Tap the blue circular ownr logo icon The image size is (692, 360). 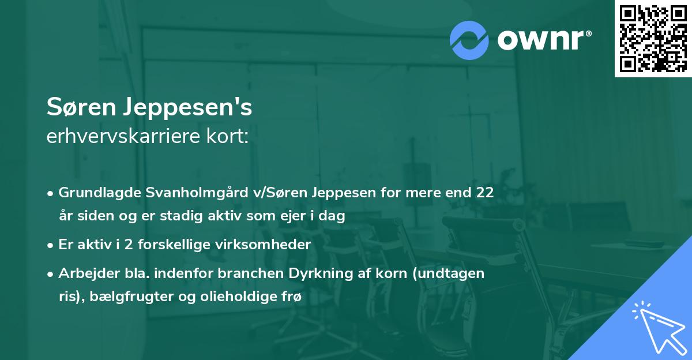(x=469, y=39)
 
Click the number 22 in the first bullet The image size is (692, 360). (x=484, y=193)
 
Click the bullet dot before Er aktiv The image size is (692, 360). (x=51, y=245)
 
